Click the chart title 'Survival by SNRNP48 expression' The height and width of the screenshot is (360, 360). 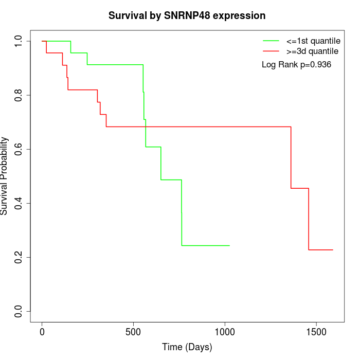(187, 15)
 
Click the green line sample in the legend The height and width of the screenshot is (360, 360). (271, 41)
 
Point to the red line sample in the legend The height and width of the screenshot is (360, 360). (271, 51)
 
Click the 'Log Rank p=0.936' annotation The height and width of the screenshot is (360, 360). (296, 65)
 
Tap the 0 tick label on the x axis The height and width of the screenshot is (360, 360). (42, 332)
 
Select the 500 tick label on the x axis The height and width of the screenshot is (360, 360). (133, 332)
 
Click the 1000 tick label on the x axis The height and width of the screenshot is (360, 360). (224, 332)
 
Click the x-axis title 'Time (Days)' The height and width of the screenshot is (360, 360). (187, 347)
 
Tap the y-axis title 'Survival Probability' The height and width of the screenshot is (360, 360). (5, 176)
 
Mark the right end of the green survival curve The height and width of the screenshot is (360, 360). (229, 245)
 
